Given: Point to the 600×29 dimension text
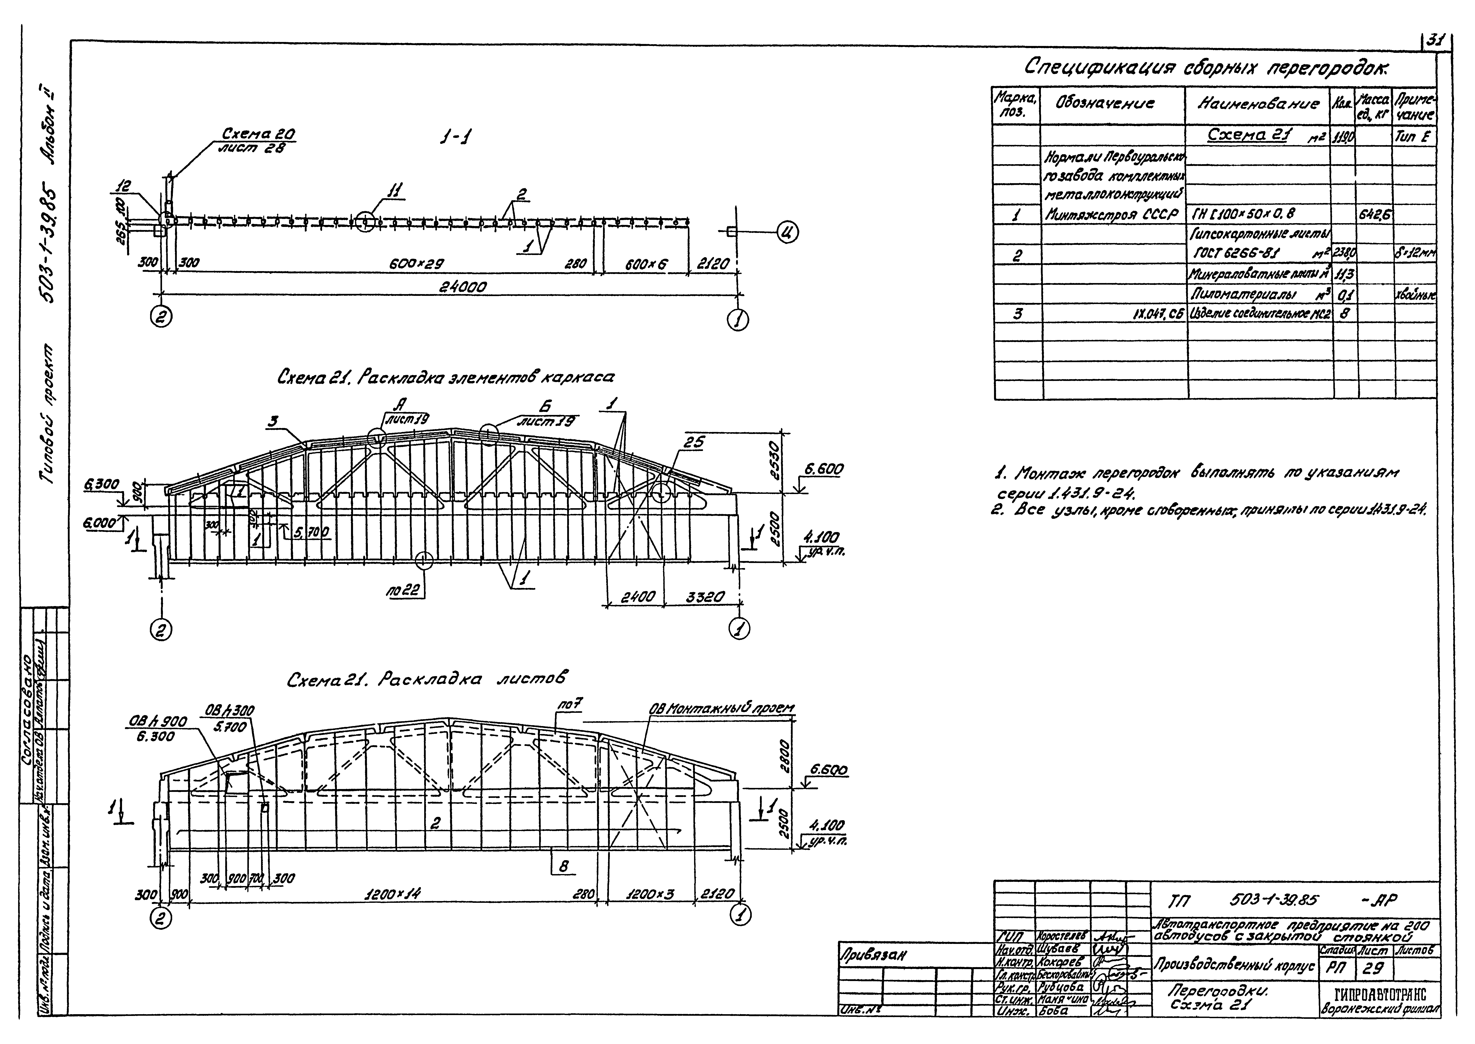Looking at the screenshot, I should [x=417, y=263].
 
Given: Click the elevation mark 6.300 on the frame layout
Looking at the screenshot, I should [x=101, y=483].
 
